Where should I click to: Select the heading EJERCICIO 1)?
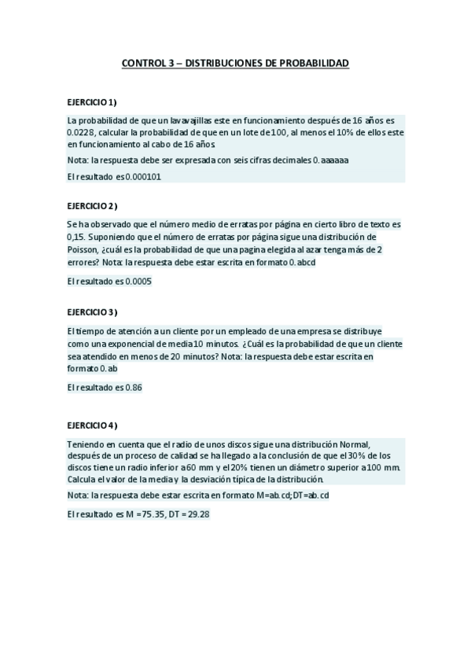tap(92, 103)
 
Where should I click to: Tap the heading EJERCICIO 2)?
tap(92, 206)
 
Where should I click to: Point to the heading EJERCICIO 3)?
tap(92, 311)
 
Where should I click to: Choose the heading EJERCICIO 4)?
tap(92, 426)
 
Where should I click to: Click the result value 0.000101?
tap(143, 177)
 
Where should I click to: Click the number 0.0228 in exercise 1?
tap(81, 132)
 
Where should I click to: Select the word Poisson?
tap(83, 249)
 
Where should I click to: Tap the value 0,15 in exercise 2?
tap(76, 237)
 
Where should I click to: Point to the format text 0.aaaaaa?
tap(331, 160)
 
